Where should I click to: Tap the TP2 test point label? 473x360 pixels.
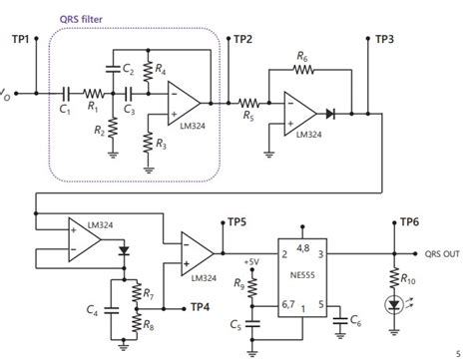(x=242, y=39)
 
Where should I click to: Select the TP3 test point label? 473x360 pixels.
(x=384, y=39)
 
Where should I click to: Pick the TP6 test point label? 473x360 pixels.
(x=410, y=223)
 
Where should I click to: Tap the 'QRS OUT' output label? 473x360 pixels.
(x=445, y=251)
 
